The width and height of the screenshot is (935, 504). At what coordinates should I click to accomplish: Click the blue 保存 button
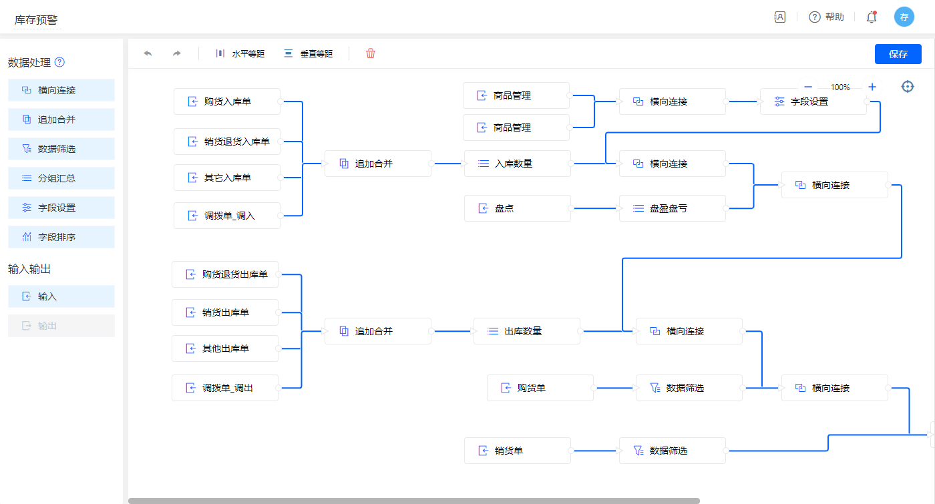click(x=898, y=54)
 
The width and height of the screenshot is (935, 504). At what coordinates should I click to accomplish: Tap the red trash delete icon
click(x=371, y=53)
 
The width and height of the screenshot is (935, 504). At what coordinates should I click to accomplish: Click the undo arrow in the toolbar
click(x=148, y=53)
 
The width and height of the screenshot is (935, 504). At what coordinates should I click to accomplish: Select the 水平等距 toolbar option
click(x=240, y=53)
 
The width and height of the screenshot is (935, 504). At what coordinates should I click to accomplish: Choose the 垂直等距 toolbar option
click(x=308, y=53)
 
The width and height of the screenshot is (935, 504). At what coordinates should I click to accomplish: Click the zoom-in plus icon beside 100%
click(x=872, y=87)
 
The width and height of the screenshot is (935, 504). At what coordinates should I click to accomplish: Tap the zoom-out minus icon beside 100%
click(x=808, y=87)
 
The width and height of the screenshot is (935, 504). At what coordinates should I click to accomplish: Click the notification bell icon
click(x=871, y=17)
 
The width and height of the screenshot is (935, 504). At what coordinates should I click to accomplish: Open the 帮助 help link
click(x=826, y=17)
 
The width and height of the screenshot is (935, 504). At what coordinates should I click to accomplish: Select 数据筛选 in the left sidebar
click(x=61, y=149)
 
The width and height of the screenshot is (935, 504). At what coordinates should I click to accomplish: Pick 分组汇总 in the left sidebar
click(x=61, y=178)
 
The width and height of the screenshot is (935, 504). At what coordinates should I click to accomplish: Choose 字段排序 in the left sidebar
click(x=61, y=237)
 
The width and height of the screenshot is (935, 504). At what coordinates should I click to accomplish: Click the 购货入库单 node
click(x=227, y=101)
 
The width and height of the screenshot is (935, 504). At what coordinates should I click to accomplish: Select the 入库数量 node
click(x=518, y=164)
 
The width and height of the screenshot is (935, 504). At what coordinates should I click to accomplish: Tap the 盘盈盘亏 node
click(x=672, y=208)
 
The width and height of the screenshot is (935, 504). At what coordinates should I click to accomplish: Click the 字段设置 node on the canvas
click(x=813, y=101)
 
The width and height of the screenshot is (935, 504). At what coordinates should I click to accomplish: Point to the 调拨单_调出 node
click(x=225, y=388)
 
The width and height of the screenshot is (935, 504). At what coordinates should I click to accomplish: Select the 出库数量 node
click(x=527, y=331)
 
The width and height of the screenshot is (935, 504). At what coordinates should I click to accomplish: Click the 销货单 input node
click(x=518, y=451)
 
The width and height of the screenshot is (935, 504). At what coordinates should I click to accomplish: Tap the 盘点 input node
click(x=518, y=208)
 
